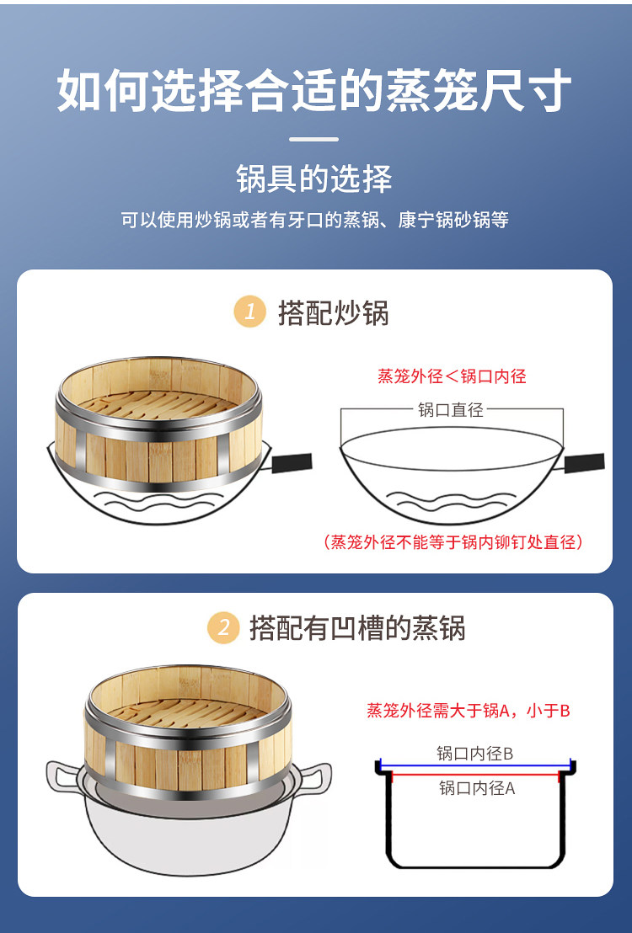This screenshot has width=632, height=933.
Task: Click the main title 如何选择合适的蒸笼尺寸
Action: coord(314,90)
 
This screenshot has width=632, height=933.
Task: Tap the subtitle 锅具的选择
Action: coord(314,179)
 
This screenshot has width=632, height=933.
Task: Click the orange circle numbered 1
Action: coord(250,312)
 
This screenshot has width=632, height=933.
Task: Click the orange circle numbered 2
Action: coord(223,627)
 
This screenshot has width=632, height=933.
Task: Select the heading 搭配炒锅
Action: coord(333,312)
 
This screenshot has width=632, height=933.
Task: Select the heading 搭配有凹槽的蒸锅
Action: coord(357,628)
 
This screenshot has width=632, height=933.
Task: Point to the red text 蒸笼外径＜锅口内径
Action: coord(453,376)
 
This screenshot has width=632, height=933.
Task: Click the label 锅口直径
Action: coord(451,409)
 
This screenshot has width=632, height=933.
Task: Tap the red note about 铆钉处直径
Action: coord(453,541)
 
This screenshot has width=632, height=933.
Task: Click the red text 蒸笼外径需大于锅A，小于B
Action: coord(469,711)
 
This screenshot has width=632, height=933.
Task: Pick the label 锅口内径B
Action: coord(474,754)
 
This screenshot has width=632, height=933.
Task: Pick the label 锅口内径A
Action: coord(477,788)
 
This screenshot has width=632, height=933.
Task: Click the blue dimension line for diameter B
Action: coord(474,766)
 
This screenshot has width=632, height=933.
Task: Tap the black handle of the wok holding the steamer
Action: coord(292,463)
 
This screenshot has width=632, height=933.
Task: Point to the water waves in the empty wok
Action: coord(452,501)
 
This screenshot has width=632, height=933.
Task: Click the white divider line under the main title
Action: coord(314,139)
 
